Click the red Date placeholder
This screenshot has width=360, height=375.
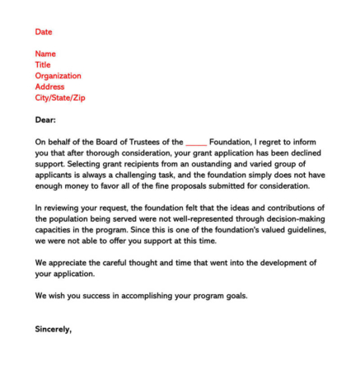43,31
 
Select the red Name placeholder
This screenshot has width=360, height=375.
45,54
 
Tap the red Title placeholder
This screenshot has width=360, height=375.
43,64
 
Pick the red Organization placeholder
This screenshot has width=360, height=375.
58,76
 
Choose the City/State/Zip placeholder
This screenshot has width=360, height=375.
60,97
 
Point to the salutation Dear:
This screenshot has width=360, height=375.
44,120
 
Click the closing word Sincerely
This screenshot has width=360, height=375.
53,328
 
